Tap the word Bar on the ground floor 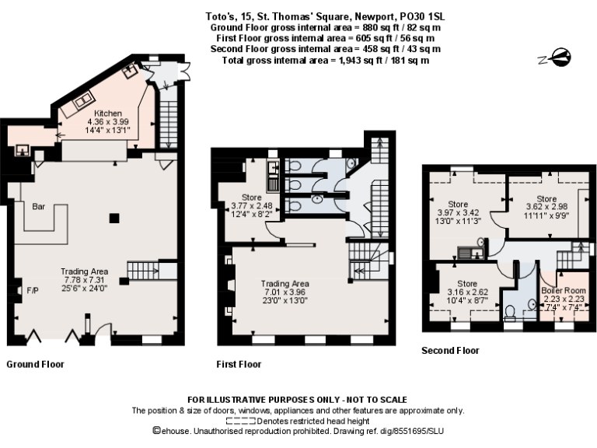[x=38, y=208]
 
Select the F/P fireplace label [x=33, y=290]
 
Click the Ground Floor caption [x=35, y=364]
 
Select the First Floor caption [x=239, y=364]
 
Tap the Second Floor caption [x=450, y=351]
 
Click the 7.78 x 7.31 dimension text [x=83, y=279]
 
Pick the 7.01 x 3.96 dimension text [x=285, y=292]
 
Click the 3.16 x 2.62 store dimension [x=466, y=292]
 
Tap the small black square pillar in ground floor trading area [x=114, y=219]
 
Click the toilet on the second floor [x=511, y=313]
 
